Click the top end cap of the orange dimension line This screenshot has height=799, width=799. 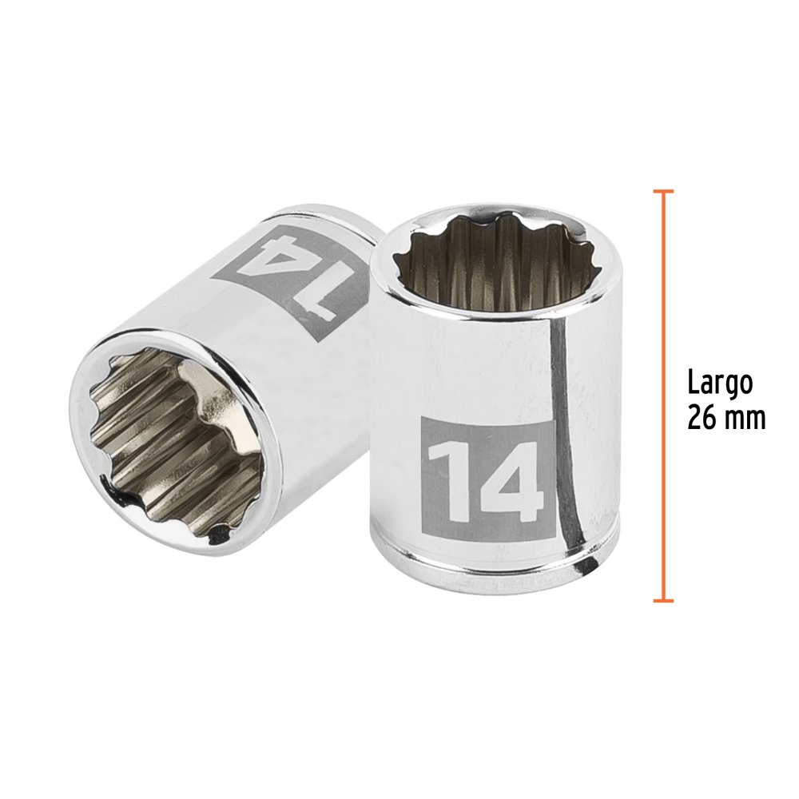pos(663,192)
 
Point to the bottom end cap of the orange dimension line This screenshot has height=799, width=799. pos(663,601)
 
